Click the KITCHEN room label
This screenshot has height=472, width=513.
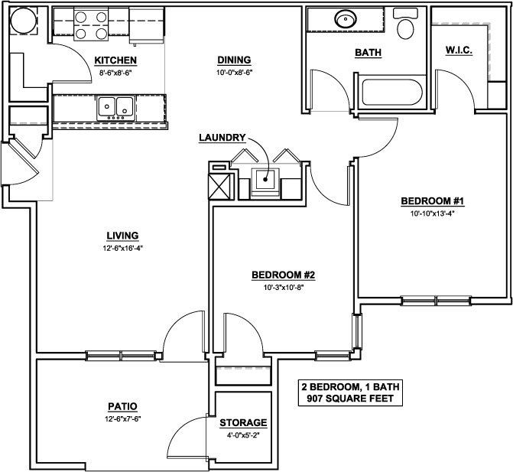(115, 60)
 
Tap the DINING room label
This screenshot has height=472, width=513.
(233, 60)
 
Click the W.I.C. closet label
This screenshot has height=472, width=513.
(458, 50)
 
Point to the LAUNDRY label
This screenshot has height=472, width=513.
(222, 138)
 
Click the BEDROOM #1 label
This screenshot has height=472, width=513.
(433, 201)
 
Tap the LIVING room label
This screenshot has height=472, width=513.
(122, 236)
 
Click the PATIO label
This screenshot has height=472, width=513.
(122, 406)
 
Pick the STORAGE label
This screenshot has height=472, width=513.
(242, 422)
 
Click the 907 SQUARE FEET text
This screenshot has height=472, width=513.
(348, 399)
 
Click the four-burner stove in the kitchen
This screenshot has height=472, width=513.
(91, 25)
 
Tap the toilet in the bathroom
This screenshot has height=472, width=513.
(405, 27)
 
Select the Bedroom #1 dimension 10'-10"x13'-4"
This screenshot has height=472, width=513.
(433, 213)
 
